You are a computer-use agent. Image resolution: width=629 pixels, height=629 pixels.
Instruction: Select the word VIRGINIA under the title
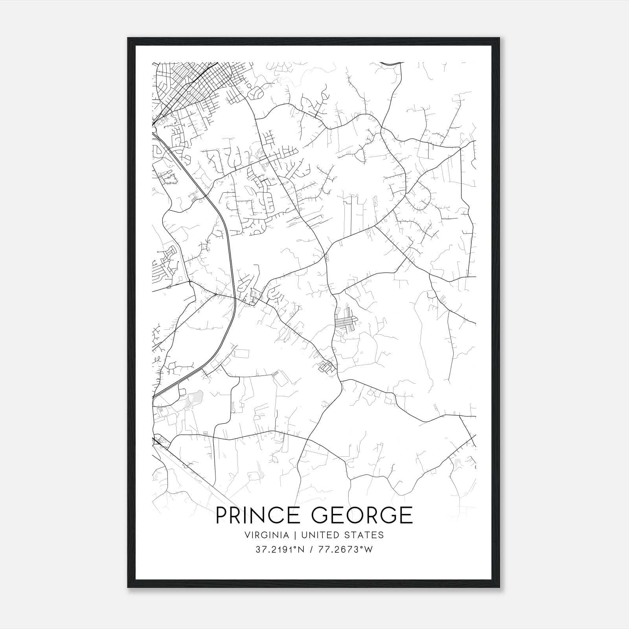pyautogui.click(x=266, y=535)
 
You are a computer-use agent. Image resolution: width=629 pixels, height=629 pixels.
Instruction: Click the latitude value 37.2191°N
pyautogui.click(x=280, y=550)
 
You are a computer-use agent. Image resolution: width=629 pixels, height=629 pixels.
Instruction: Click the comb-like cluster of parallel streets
pyautogui.click(x=345, y=325)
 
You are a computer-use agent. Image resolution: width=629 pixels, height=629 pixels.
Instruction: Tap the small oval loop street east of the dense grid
pyautogui.click(x=258, y=93)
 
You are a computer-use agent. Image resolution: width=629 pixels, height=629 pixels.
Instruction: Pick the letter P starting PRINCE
pyautogui.click(x=221, y=515)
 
